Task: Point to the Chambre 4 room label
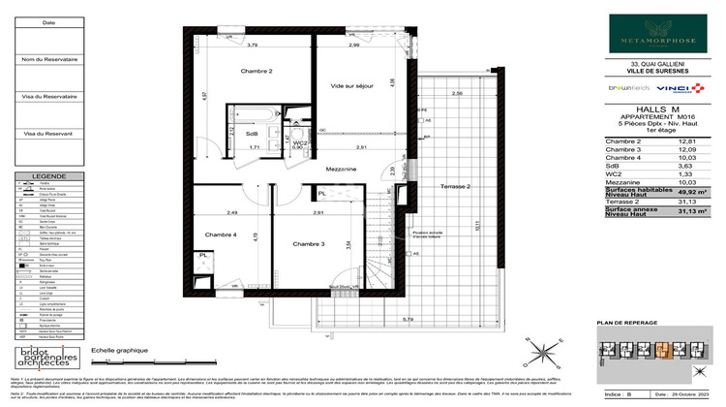click(220, 235)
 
